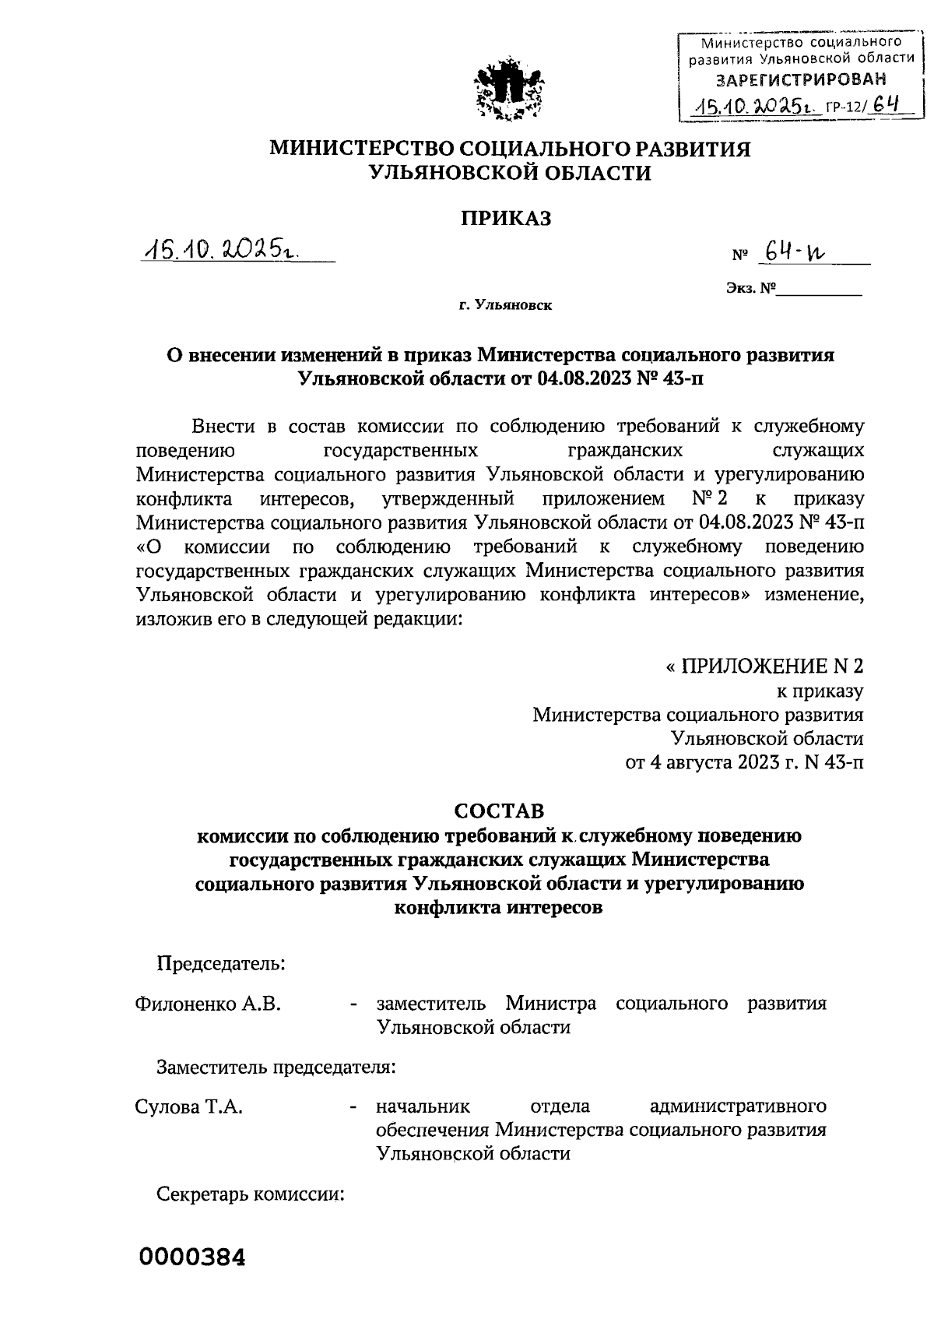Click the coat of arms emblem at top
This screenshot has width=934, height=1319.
(510, 88)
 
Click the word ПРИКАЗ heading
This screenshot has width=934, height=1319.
(504, 219)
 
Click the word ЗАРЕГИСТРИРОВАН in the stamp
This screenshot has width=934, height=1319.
(801, 79)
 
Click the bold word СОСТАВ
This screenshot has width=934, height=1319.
(499, 811)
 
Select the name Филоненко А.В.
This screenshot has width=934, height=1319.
(208, 1004)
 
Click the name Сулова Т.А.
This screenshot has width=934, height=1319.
(188, 1106)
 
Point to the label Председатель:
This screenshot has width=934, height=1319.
(221, 963)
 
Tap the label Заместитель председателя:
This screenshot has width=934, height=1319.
(276, 1066)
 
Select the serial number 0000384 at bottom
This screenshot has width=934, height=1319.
(192, 1257)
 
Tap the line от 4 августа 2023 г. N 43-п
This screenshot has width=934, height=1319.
(744, 762)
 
